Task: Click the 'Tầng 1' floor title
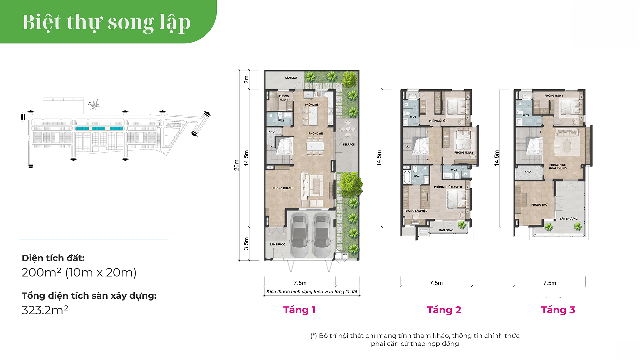[x=299, y=310]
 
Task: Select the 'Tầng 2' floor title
[x=444, y=310]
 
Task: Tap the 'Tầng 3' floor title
[x=558, y=310]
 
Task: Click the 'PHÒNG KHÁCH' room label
[x=282, y=188]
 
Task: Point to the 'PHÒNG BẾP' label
[x=312, y=105]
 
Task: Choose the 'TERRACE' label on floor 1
[x=349, y=144]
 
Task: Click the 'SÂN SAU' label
[x=291, y=78]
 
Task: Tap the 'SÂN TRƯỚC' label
[x=277, y=244]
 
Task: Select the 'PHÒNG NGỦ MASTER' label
[x=448, y=187]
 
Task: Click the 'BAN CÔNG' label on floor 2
[x=446, y=230]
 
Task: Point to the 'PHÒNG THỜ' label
[x=539, y=205]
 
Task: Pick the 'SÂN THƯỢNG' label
[x=569, y=219]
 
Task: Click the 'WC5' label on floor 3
[x=526, y=115]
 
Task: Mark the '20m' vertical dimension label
[x=236, y=165]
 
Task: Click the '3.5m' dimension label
[x=246, y=244]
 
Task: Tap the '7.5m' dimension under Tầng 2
[x=436, y=283]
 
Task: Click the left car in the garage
[x=299, y=235]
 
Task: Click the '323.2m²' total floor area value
[x=45, y=310]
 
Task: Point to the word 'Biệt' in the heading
[x=42, y=22]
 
